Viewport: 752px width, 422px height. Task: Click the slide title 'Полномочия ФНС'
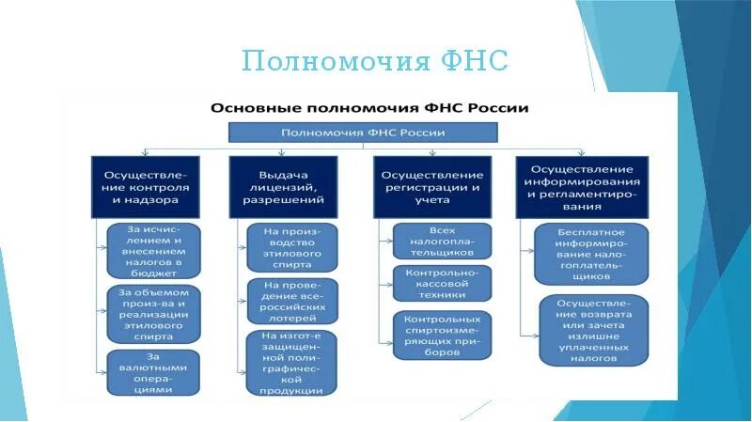point(374,62)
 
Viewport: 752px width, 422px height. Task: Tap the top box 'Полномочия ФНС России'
point(364,133)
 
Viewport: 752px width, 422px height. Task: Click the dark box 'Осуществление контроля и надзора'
point(146,186)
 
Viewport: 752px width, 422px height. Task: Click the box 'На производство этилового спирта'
point(291,247)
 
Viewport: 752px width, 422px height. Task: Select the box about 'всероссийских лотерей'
point(291,301)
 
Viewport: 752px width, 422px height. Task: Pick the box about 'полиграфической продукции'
point(291,364)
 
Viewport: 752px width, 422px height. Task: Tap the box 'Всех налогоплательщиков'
point(442,242)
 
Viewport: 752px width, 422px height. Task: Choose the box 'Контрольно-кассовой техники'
point(442,283)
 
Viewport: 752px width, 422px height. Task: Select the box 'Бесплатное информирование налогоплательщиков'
point(591,254)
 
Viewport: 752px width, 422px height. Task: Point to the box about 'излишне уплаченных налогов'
point(591,331)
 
